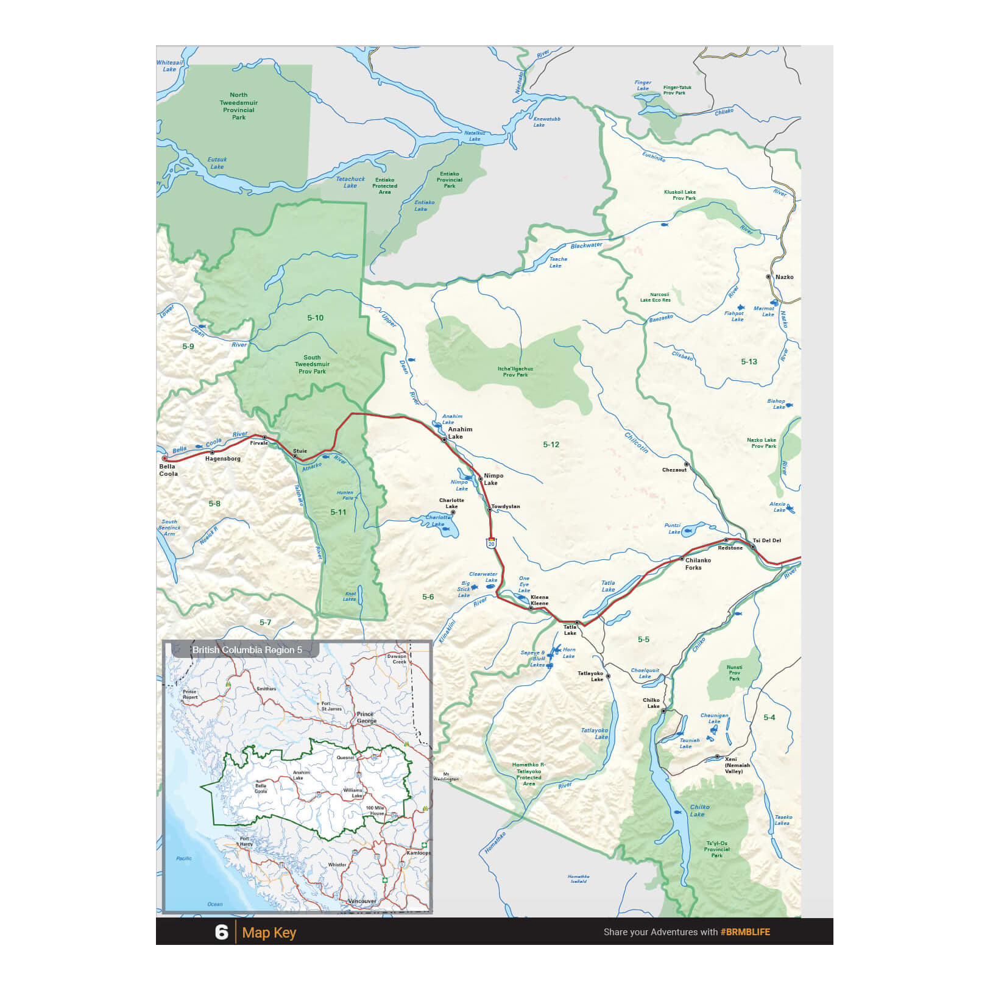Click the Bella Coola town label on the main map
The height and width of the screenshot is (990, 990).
(168, 470)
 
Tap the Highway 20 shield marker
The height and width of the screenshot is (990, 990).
(491, 543)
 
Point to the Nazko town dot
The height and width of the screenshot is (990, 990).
(769, 277)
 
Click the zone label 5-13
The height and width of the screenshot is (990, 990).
(749, 361)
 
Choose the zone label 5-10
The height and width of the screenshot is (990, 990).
(315, 317)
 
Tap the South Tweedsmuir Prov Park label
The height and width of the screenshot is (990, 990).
(312, 364)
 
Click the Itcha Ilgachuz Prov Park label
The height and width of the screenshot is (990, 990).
(515, 372)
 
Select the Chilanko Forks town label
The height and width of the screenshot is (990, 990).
(698, 564)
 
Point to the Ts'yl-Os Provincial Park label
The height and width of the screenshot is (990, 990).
(716, 849)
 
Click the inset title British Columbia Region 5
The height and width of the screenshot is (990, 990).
(247, 649)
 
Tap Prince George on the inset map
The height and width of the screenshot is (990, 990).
(366, 717)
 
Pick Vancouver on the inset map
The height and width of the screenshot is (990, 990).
(362, 900)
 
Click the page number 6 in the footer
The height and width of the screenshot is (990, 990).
(221, 932)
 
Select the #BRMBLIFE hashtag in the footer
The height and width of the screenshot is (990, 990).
(744, 932)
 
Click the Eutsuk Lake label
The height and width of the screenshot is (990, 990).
(217, 163)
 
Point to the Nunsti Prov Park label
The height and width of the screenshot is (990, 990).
(734, 673)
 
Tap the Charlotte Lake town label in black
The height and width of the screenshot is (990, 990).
(451, 503)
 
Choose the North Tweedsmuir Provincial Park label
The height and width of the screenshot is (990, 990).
(239, 106)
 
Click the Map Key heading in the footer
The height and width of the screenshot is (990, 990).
(269, 933)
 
